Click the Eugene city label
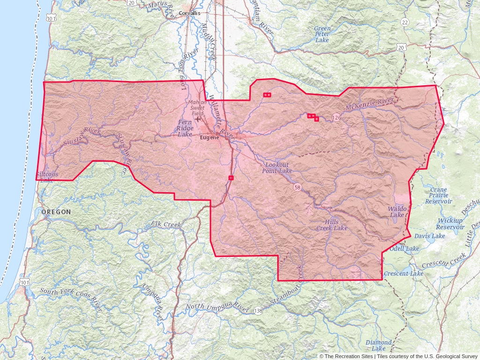(210, 137)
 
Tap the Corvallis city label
(189, 13)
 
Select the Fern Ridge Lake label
(185, 128)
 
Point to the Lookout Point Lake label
(277, 168)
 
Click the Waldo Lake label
(396, 211)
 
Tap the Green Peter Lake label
(322, 34)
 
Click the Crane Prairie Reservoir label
(438, 195)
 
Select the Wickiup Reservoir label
(450, 224)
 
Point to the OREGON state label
(56, 212)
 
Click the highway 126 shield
(337, 118)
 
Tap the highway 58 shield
(297, 187)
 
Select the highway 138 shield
(258, 311)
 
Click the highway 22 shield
(405, 22)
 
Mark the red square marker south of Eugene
(231, 178)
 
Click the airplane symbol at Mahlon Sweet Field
(199, 118)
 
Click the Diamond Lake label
(378, 345)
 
